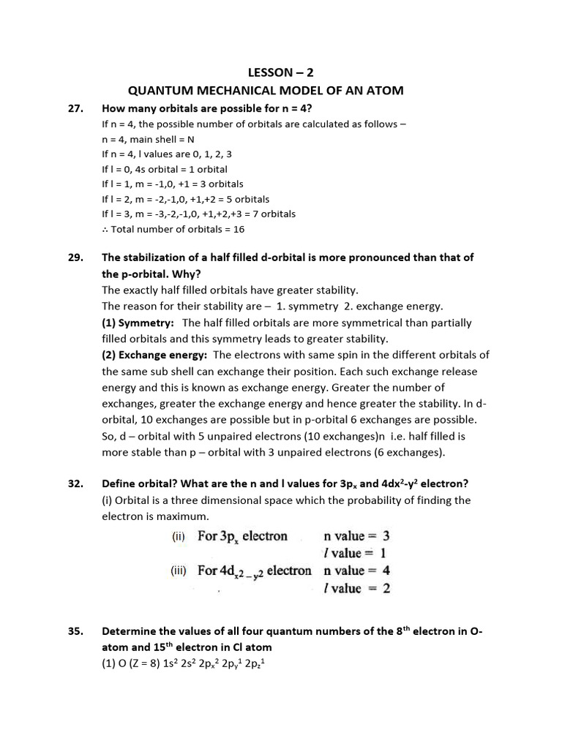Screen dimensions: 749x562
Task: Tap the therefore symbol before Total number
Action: click(x=105, y=229)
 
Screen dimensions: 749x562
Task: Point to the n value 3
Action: click(x=386, y=536)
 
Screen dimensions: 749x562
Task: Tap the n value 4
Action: click(x=386, y=571)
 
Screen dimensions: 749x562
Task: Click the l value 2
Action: click(x=386, y=588)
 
